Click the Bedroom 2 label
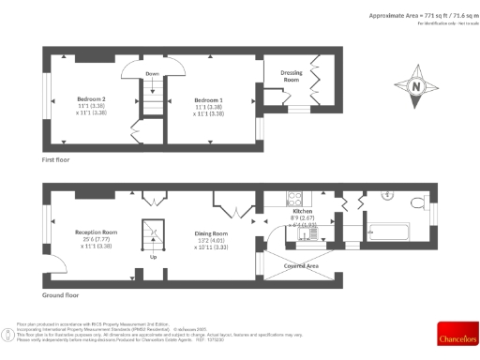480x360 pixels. (90, 98)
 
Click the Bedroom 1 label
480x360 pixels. (208, 98)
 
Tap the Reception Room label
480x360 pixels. (96, 232)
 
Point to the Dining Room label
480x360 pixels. (211, 233)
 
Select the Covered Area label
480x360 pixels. (300, 265)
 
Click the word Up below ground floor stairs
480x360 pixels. (152, 255)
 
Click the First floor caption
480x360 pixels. (57, 160)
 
